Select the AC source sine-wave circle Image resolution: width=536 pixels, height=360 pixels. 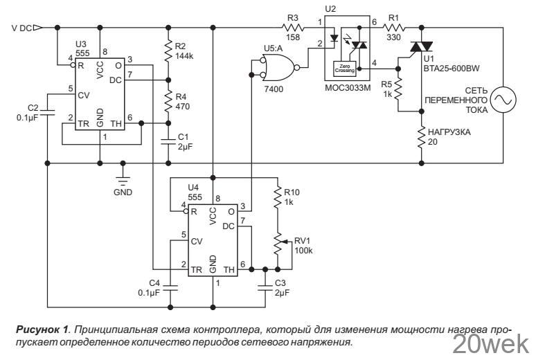pyautogui.click(x=501, y=101)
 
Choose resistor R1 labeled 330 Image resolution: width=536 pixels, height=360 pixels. pyautogui.click(x=393, y=28)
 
